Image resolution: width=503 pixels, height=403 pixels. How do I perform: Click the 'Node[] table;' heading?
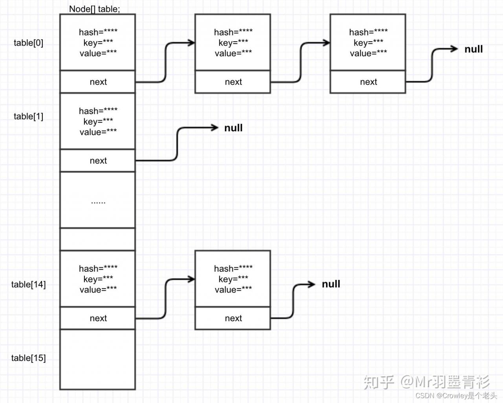pyautogui.click(x=94, y=9)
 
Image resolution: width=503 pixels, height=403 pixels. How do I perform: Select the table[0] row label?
pyautogui.click(x=29, y=43)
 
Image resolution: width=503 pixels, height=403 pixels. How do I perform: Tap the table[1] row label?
pyautogui.click(x=29, y=116)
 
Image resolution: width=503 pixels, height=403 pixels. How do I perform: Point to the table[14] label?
pyautogui.click(x=29, y=284)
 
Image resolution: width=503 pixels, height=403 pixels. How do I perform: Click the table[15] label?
pyautogui.click(x=29, y=358)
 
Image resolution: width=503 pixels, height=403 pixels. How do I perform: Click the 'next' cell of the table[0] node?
pyautogui.click(x=98, y=82)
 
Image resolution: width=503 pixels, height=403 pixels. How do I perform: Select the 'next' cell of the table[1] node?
pyautogui.click(x=98, y=160)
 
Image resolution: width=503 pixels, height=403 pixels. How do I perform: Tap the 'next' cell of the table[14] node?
pyautogui.click(x=98, y=318)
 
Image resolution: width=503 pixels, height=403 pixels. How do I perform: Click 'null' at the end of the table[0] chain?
pyautogui.click(x=474, y=49)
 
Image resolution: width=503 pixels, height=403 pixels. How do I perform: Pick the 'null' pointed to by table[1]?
pyautogui.click(x=233, y=128)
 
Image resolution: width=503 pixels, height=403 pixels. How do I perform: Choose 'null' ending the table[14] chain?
pyautogui.click(x=331, y=284)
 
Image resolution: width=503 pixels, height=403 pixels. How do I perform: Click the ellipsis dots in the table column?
pyautogui.click(x=98, y=202)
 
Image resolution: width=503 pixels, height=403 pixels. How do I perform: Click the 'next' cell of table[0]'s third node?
pyautogui.click(x=368, y=82)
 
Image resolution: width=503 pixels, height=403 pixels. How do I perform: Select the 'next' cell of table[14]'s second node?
pyautogui.click(x=233, y=318)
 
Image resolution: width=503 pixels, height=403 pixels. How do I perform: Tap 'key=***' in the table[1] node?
pyautogui.click(x=98, y=121)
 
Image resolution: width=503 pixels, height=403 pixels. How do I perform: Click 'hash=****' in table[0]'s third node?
pyautogui.click(x=368, y=32)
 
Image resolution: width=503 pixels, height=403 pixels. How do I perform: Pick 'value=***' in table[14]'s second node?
pyautogui.click(x=233, y=290)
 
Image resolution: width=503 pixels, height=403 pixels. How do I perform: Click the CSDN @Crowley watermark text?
pyautogui.click(x=456, y=396)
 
